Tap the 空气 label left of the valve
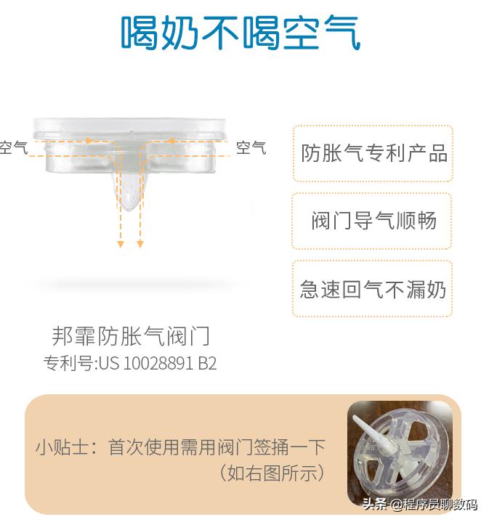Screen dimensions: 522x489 [x=13, y=148]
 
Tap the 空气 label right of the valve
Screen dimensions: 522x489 [x=251, y=148]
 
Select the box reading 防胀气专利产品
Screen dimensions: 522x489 [x=373, y=153]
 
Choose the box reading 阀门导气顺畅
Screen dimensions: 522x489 [x=373, y=221]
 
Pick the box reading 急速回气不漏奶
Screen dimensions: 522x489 [x=373, y=289]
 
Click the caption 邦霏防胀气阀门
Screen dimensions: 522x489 [x=131, y=336]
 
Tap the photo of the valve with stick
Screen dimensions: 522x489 [x=399, y=451]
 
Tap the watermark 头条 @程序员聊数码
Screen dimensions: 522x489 [x=419, y=504]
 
